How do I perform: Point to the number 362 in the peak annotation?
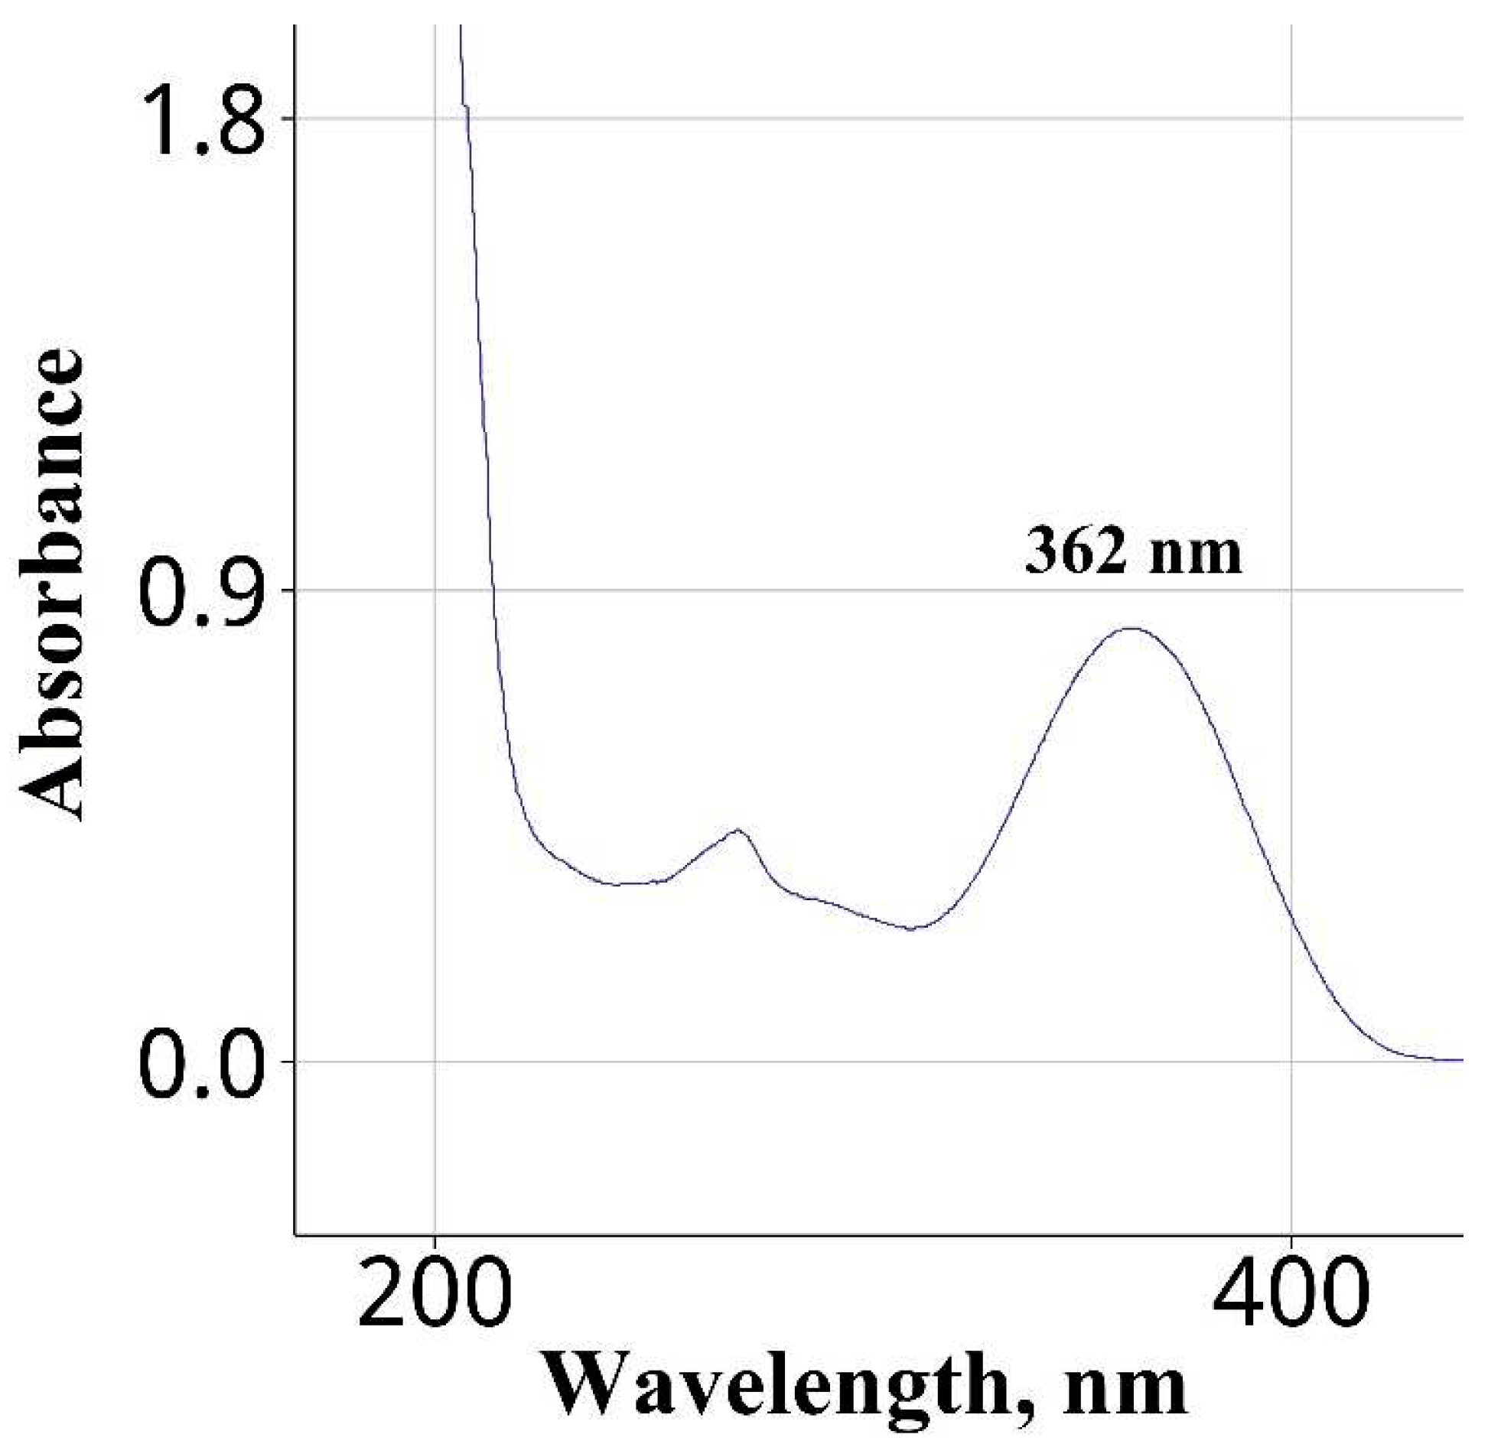coord(1075,552)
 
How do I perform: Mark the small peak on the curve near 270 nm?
coord(737,829)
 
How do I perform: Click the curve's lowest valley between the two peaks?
coord(912,929)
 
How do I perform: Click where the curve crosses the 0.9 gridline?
coord(493,590)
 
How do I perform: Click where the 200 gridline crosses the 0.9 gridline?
coord(435,590)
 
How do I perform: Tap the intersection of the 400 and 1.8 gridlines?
coord(1291,119)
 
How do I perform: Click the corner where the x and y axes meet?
coord(295,1234)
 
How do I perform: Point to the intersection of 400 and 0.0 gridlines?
coord(1291,1062)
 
